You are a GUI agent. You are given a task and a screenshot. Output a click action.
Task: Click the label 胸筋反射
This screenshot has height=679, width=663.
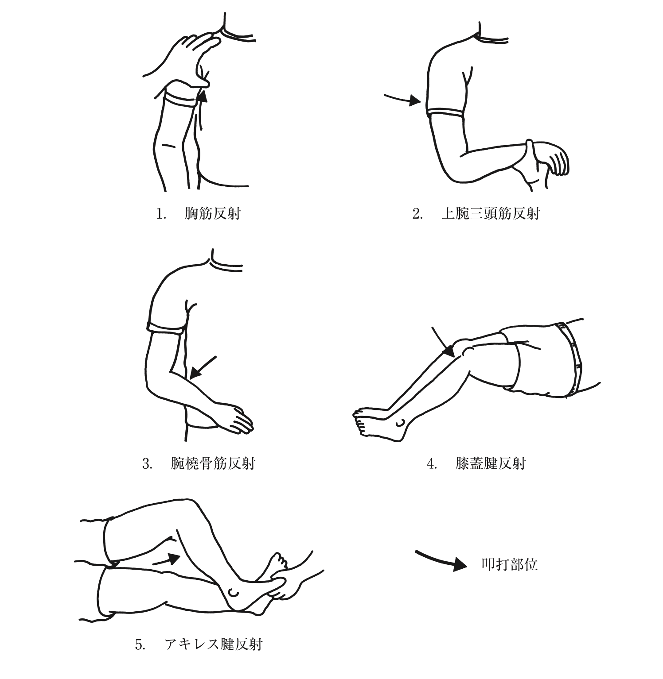click(x=212, y=214)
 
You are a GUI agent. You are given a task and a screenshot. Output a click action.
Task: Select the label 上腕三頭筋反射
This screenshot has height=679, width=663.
click(x=491, y=214)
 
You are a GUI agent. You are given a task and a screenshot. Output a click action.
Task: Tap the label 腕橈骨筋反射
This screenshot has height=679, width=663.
click(x=213, y=463)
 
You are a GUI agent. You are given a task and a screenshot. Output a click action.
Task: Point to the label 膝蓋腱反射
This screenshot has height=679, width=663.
click(x=491, y=463)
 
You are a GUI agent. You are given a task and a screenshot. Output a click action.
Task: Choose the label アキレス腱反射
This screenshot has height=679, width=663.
click(x=213, y=644)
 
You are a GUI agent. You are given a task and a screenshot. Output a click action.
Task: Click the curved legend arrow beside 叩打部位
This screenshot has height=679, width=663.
click(x=441, y=560)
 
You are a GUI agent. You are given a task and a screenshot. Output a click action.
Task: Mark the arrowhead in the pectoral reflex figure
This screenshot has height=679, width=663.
click(x=203, y=95)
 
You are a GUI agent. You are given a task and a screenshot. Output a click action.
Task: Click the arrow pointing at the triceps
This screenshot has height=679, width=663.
click(x=402, y=99)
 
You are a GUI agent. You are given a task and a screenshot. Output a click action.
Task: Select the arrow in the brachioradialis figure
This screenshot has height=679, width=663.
click(x=203, y=367)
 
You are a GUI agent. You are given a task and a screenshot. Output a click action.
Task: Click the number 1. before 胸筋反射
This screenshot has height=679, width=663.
click(x=161, y=214)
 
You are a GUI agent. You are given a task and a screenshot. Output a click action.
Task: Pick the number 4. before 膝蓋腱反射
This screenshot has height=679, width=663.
click(x=432, y=464)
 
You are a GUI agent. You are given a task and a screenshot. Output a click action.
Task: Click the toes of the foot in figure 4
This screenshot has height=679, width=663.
click(x=360, y=421)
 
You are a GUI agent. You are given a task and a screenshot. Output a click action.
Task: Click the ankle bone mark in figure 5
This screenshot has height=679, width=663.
click(x=233, y=592)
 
